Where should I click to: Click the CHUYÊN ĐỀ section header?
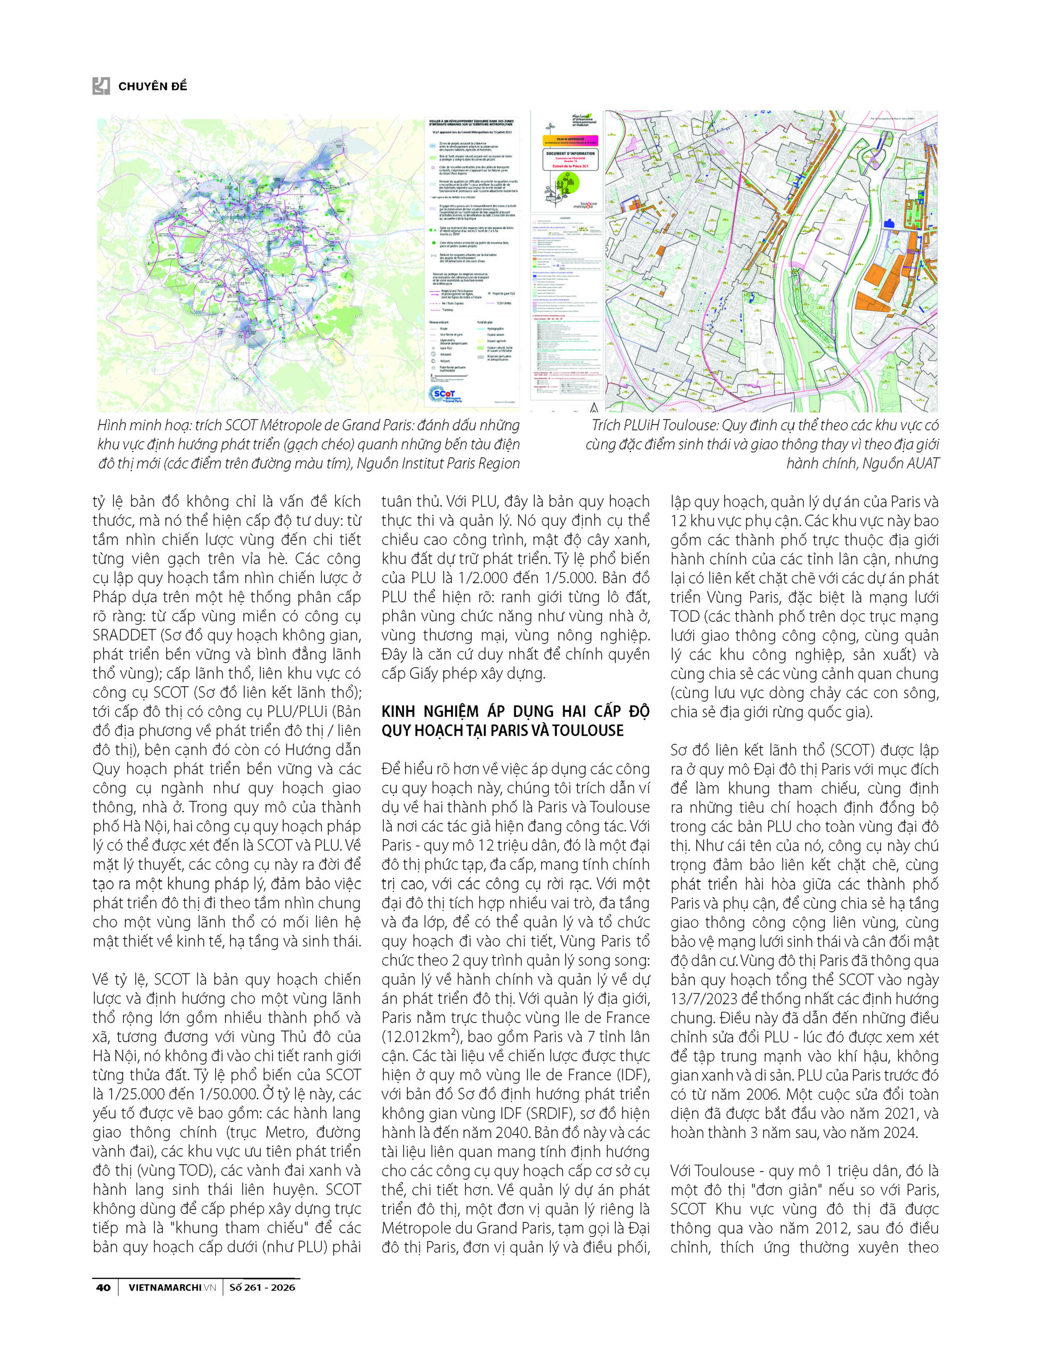click(x=152, y=86)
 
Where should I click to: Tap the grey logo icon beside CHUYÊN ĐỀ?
click(x=101, y=86)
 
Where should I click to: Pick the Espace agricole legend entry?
click(x=496, y=341)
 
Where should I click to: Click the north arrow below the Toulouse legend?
click(x=594, y=407)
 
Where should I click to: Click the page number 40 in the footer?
click(x=103, y=1287)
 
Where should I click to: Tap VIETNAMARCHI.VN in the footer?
click(x=172, y=1287)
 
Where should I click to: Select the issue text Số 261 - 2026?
click(x=262, y=1287)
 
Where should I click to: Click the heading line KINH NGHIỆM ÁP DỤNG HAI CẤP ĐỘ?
click(x=515, y=711)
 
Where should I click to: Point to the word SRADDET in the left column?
click(x=124, y=635)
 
